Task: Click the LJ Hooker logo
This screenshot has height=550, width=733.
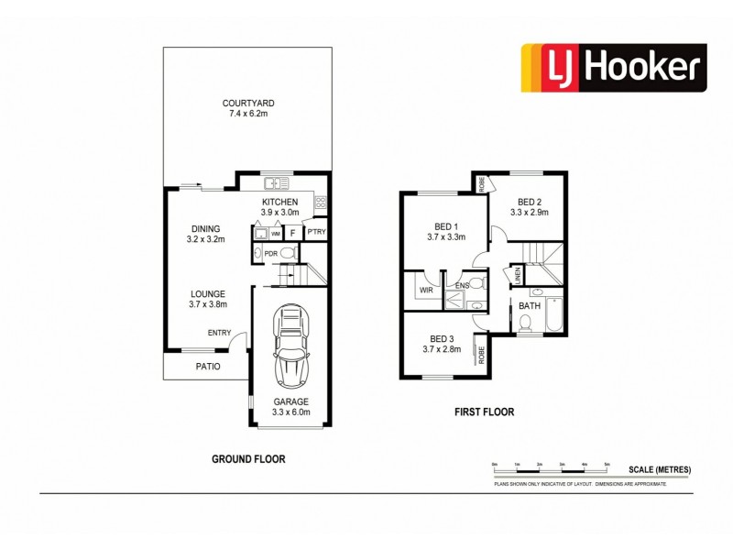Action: click(614, 67)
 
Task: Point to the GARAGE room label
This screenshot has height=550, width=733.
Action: click(290, 401)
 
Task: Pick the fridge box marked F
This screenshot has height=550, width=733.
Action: click(291, 233)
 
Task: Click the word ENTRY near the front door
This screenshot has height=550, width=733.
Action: click(219, 333)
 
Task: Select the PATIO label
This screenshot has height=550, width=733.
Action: click(207, 367)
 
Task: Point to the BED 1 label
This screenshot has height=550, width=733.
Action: click(446, 225)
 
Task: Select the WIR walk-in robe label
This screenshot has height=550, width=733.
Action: click(425, 290)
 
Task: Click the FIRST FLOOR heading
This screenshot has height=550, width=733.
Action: click(485, 412)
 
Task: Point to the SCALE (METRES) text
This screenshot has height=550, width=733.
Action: click(659, 469)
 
